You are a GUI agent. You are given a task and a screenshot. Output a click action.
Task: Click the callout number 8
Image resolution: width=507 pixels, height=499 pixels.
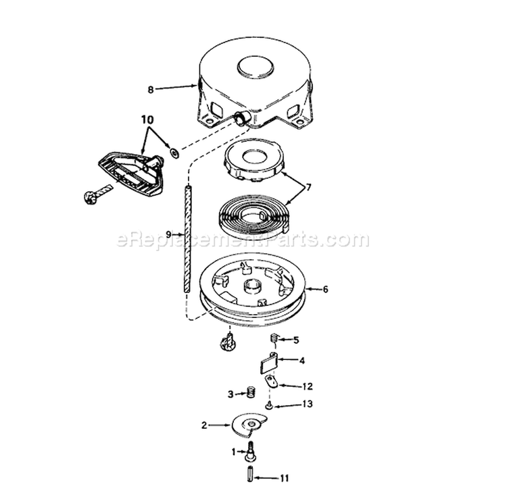point(150,89)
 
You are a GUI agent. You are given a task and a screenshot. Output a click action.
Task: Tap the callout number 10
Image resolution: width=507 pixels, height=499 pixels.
point(147,120)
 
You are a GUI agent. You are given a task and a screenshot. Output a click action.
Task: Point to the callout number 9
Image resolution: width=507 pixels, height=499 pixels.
point(168,234)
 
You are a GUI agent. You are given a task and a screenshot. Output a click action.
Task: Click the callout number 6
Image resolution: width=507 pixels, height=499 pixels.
point(325,289)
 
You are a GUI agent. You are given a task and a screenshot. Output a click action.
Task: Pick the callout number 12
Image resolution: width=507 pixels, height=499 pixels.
point(307,386)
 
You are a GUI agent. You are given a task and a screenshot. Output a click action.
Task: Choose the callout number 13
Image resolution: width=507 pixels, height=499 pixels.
point(308,404)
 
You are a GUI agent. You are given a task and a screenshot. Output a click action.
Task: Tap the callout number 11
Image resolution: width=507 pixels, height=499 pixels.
point(284,477)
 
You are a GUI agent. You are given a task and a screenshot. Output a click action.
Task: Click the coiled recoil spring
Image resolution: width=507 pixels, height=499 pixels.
point(253,215)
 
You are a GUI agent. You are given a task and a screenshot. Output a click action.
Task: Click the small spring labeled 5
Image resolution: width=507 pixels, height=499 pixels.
point(274,340)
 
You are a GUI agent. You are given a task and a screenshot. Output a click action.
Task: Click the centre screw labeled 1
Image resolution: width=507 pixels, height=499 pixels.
point(249,451)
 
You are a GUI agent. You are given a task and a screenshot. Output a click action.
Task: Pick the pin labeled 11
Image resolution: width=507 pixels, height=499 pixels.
point(250,477)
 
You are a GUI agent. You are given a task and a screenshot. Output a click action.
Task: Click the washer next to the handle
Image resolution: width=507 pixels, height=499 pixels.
point(175,152)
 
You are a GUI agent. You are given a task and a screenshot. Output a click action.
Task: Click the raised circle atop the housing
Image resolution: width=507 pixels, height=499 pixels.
point(256,68)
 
